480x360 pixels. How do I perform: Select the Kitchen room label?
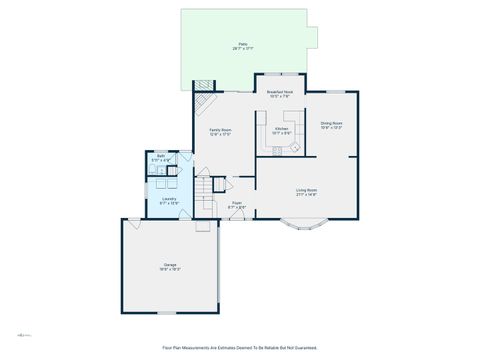(282, 127)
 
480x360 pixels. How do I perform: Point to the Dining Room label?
(331, 124)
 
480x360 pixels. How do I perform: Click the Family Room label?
(220, 130)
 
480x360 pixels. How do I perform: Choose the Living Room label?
(306, 190)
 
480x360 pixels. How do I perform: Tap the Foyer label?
(237, 203)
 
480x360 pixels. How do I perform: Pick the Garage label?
(170, 265)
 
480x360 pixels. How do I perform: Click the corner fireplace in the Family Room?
(205, 103)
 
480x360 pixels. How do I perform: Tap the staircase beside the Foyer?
(206, 189)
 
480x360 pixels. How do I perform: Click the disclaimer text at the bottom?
(240, 348)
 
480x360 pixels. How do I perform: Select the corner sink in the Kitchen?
(296, 147)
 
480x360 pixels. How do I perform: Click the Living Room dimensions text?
(306, 195)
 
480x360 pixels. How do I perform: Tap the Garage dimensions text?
(170, 270)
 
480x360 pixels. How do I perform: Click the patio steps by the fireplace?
(203, 85)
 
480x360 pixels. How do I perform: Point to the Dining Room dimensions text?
(331, 129)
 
